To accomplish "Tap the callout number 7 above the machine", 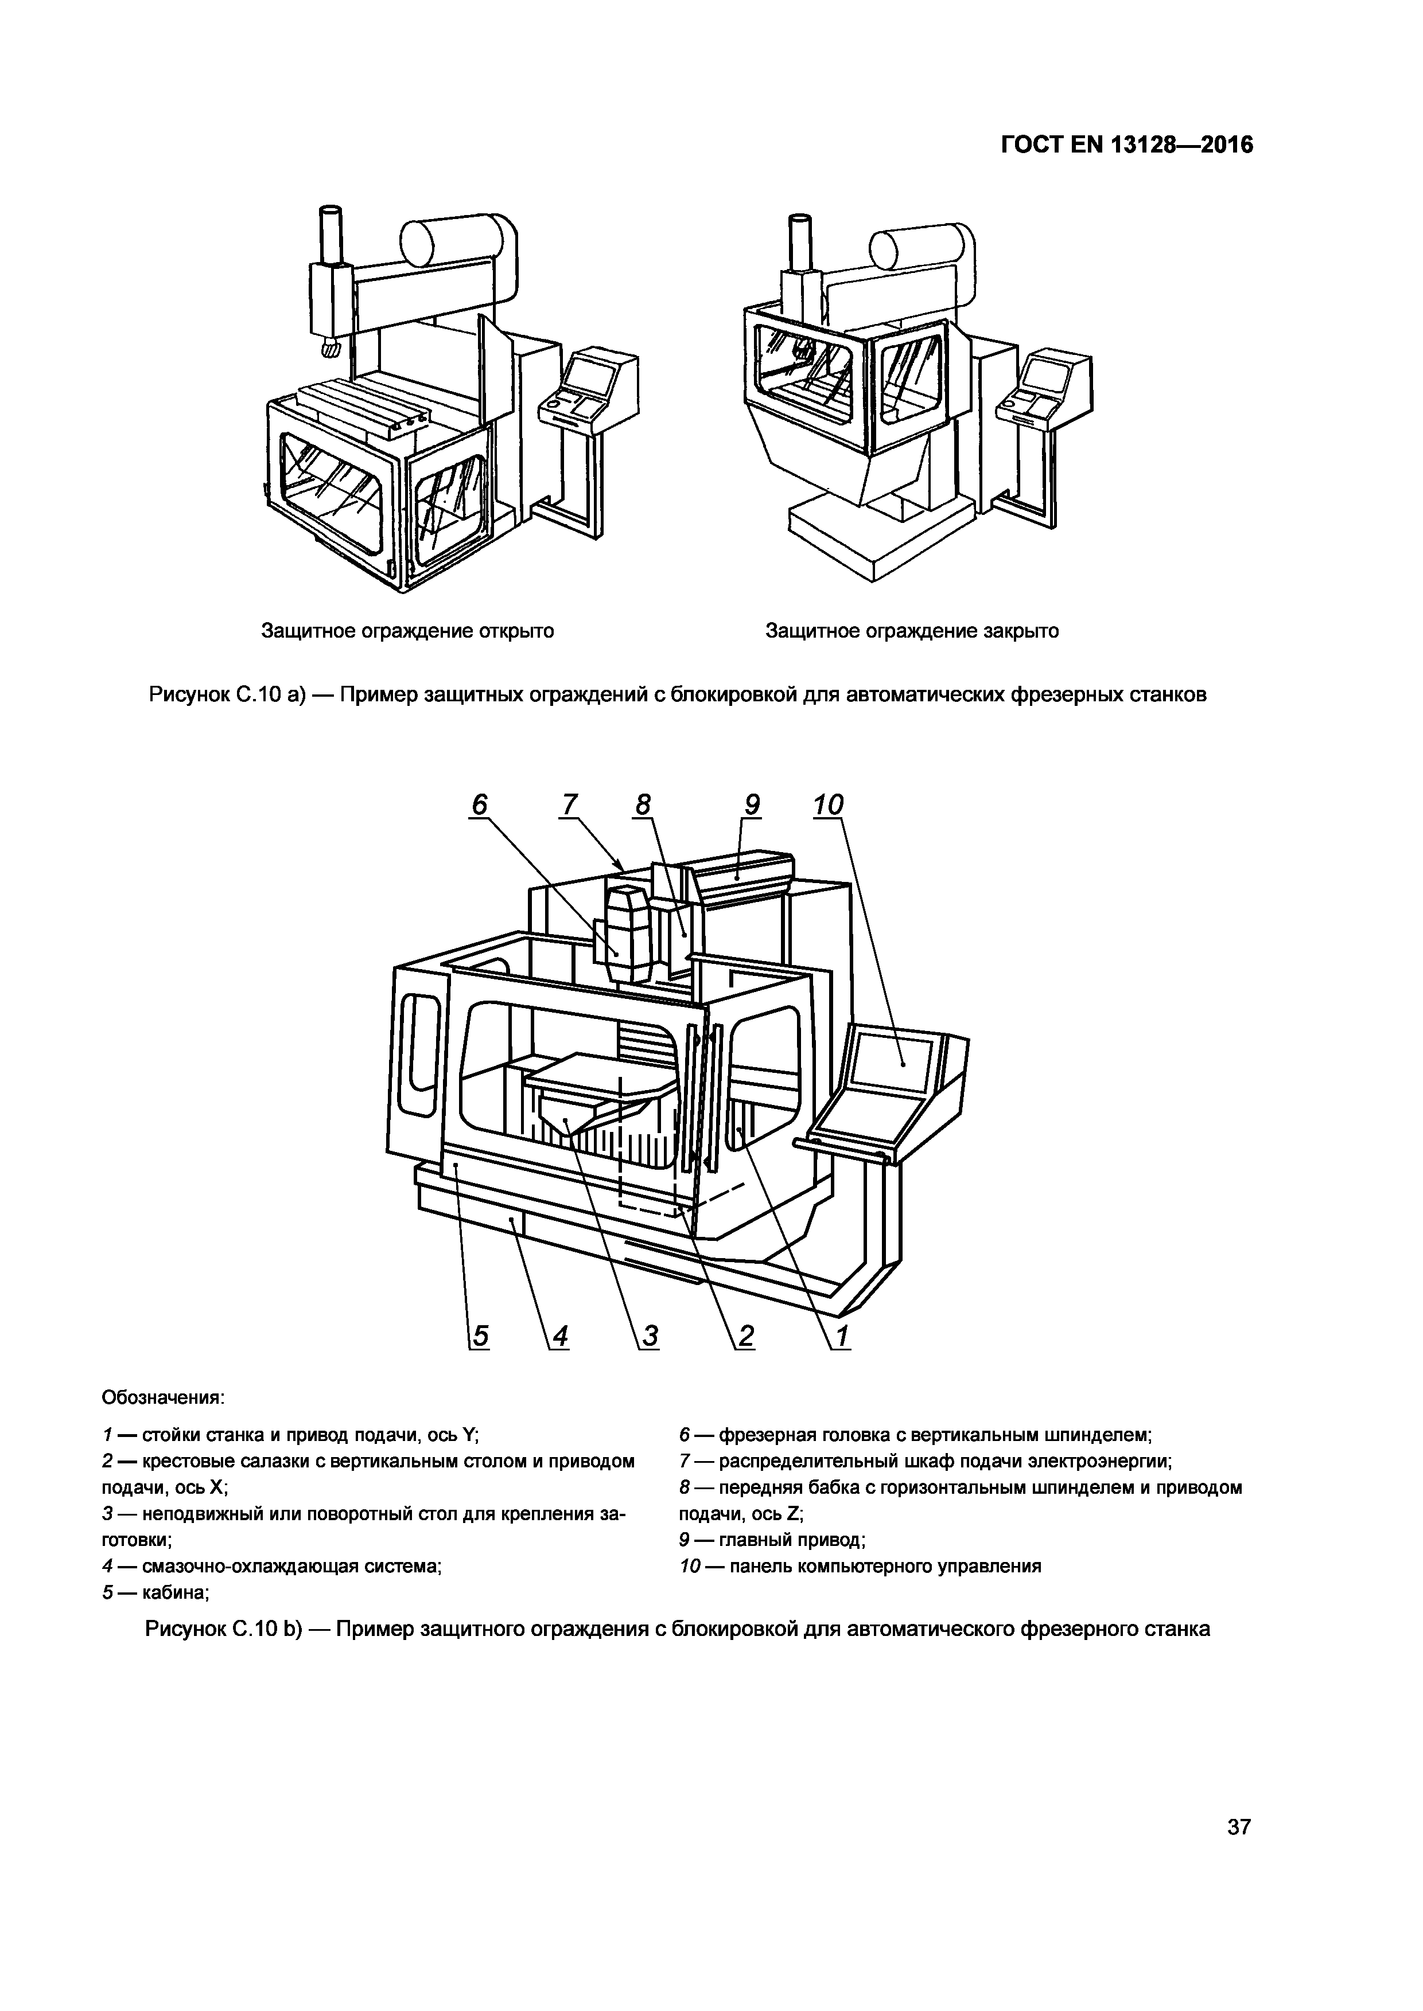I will point(570,804).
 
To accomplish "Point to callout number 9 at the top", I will point(751,804).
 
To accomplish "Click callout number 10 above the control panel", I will point(828,804).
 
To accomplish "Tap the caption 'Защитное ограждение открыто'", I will point(407,631).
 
